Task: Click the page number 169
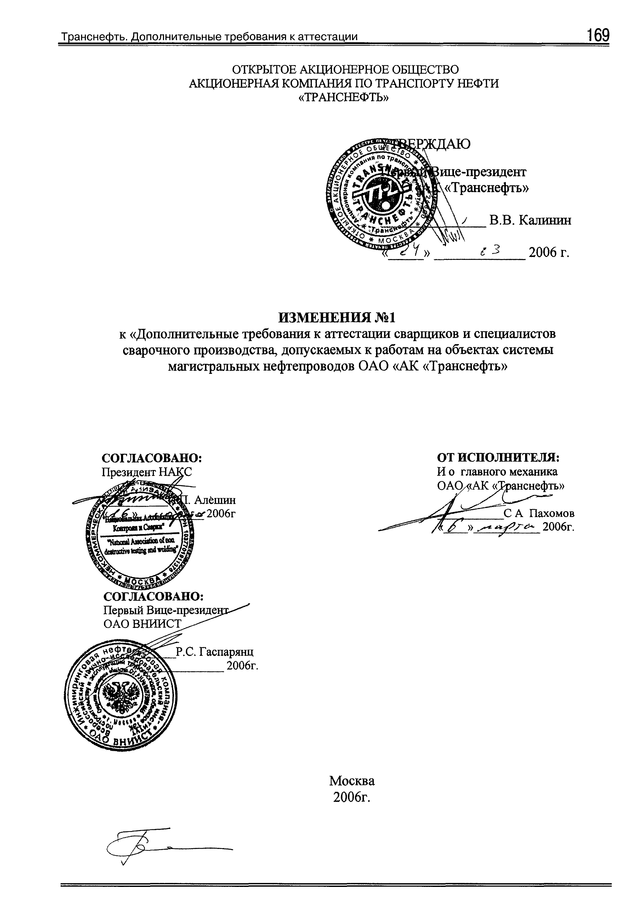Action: click(598, 35)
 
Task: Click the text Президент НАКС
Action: click(146, 472)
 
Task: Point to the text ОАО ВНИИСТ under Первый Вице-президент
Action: click(143, 623)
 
